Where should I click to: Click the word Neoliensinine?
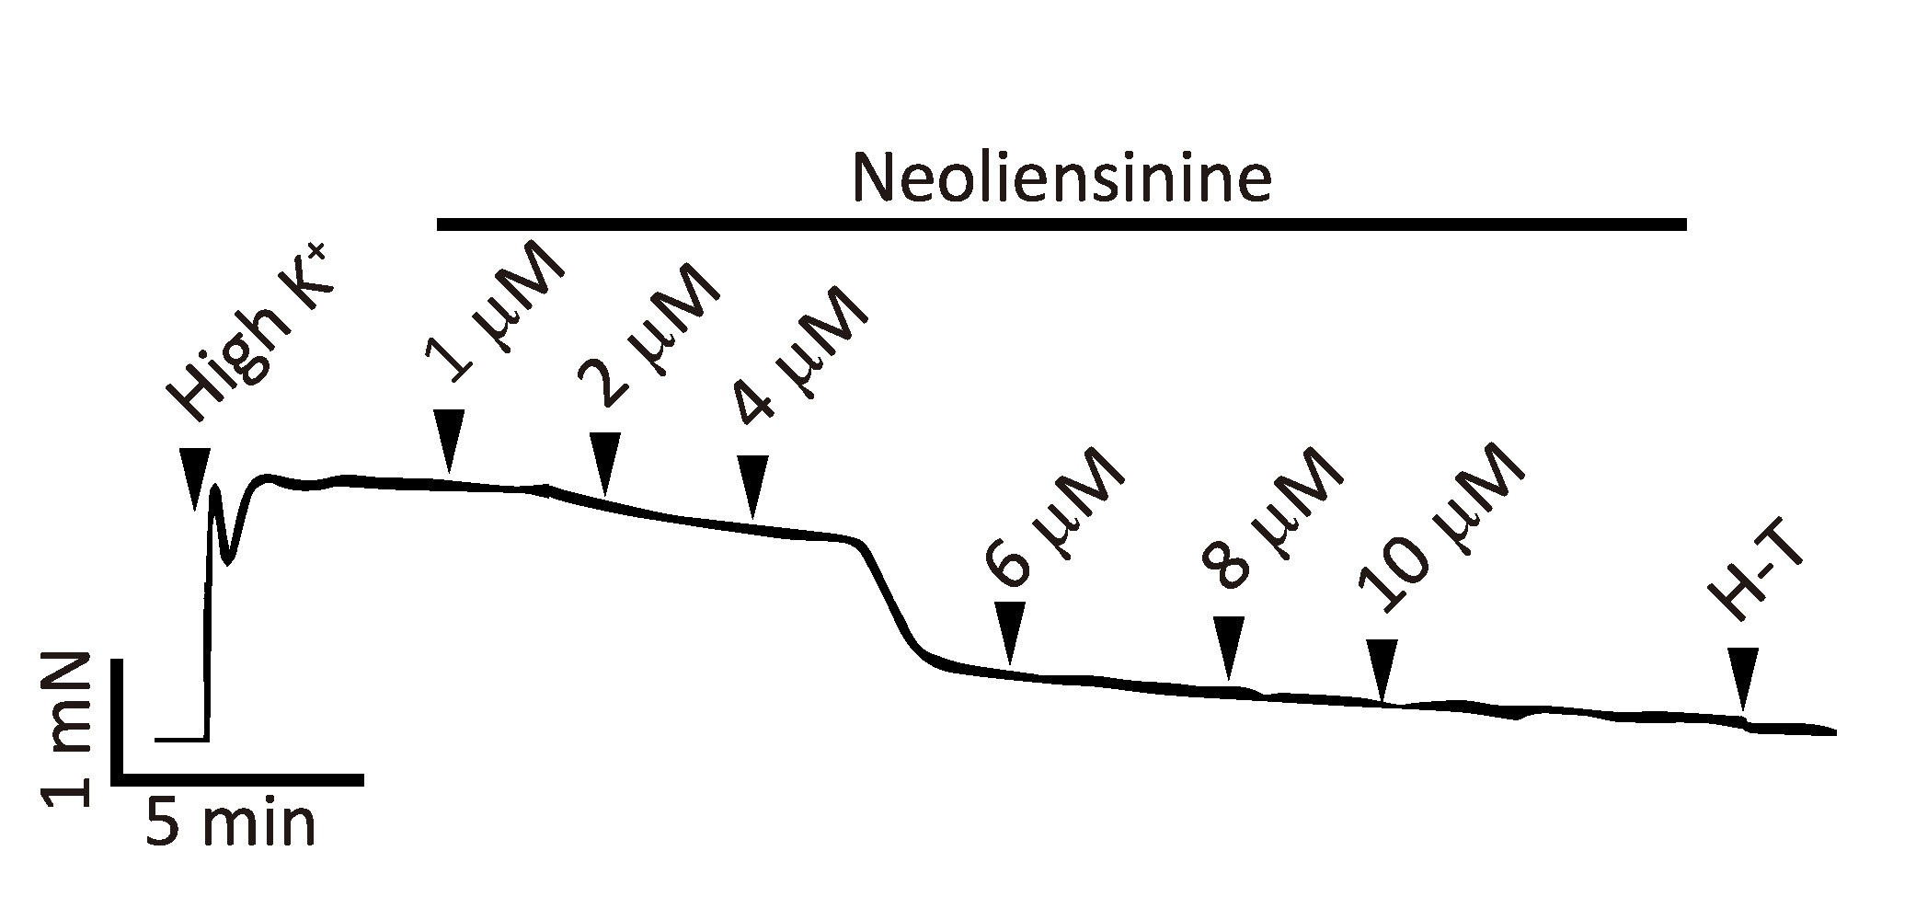click(x=1062, y=178)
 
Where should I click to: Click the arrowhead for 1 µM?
click(x=448, y=440)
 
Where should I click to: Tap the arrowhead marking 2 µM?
click(x=603, y=463)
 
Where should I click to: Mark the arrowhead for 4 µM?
click(x=753, y=484)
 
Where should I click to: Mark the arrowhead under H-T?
click(x=1742, y=677)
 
